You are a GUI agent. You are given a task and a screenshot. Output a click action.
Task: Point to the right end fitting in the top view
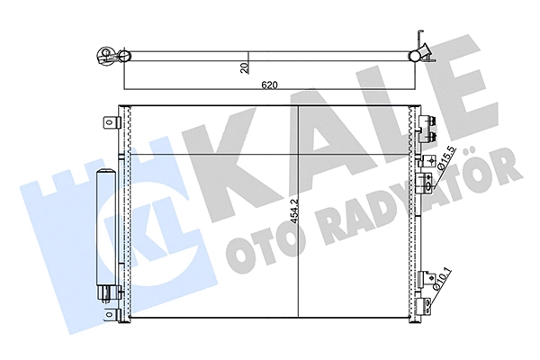point(419,54)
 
